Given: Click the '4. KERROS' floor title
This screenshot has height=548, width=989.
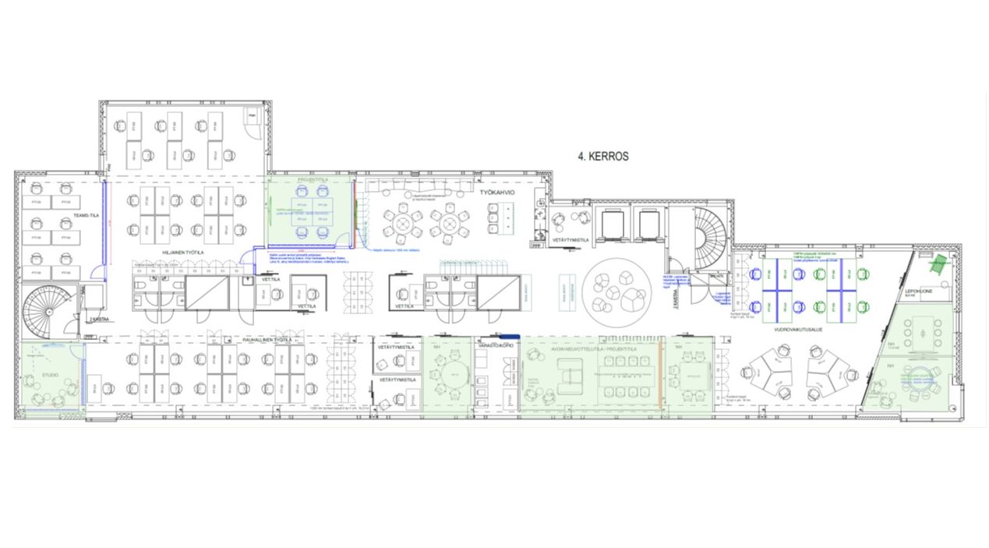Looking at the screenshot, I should pyautogui.click(x=602, y=156).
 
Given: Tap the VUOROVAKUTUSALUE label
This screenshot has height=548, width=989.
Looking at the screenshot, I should pyautogui.click(x=799, y=330).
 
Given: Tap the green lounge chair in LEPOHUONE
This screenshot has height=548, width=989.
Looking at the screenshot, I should pyautogui.click(x=938, y=263).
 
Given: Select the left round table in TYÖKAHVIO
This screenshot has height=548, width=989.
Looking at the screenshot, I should pyautogui.click(x=403, y=225).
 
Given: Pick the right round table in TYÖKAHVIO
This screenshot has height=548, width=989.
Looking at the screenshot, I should pyautogui.click(x=450, y=225).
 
